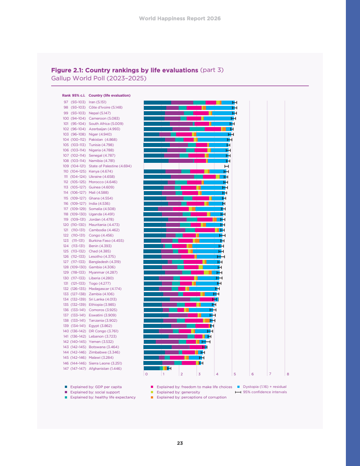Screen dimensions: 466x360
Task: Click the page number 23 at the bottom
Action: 180,443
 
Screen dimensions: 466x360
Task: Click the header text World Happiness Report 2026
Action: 180,19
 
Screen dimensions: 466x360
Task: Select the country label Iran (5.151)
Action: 97,102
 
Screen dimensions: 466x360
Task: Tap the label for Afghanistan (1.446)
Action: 105,368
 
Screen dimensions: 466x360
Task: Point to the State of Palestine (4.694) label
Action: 110,166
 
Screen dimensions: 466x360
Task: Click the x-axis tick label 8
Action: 288,374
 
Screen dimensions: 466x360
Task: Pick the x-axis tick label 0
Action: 146,374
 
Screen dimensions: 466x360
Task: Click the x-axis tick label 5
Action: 235,374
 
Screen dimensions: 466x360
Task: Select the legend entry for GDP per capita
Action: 96,387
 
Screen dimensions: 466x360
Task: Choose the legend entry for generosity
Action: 178,392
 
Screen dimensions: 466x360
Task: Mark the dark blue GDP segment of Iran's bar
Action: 157,102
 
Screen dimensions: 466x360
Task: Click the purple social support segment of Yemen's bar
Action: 167,342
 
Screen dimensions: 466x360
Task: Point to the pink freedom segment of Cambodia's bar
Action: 205,230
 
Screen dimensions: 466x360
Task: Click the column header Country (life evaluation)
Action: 109,95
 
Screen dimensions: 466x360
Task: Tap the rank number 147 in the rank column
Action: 66,368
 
